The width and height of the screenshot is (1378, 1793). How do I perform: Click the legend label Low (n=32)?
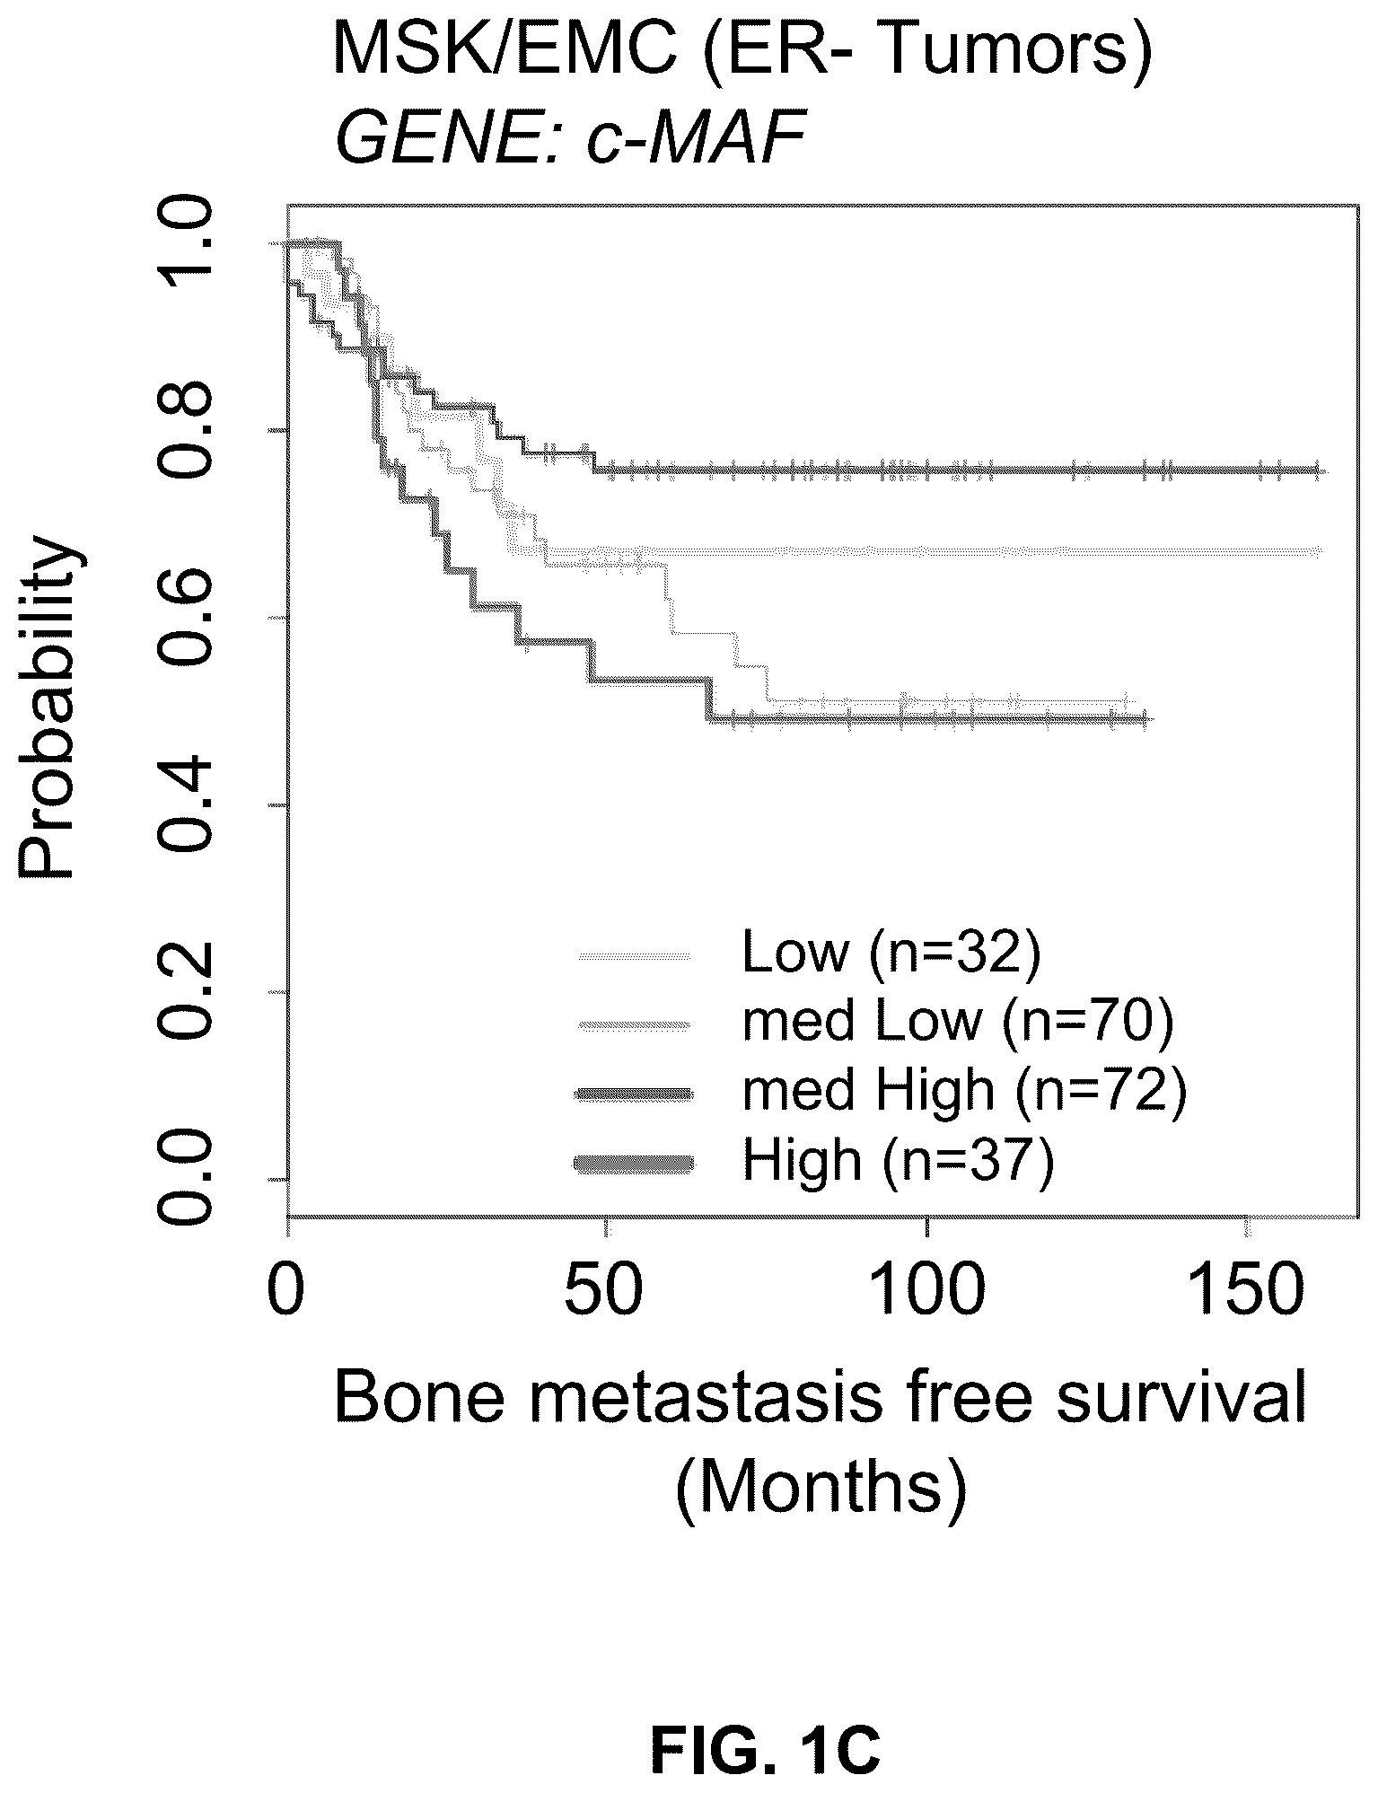coord(891,954)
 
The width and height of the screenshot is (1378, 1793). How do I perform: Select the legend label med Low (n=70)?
coord(958,1023)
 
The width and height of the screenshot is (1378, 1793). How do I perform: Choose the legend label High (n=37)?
coord(898,1161)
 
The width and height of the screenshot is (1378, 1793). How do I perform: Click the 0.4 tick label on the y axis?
coord(184,805)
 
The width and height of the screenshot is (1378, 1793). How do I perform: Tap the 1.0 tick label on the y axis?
coord(184,244)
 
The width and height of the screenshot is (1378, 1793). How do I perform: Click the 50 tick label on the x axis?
coord(607,1289)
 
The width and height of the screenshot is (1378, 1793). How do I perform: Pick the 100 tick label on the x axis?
coord(926,1289)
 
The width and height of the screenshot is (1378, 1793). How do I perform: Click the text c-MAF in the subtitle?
coord(695,142)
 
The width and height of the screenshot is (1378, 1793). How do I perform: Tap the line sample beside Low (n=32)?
coord(635,955)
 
